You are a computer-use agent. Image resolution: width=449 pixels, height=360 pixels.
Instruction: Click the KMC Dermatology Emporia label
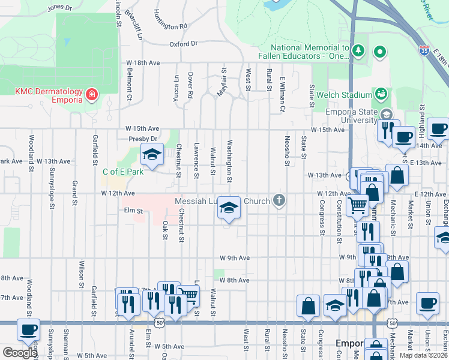49,95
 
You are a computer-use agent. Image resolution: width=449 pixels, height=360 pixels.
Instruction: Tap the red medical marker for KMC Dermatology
91,95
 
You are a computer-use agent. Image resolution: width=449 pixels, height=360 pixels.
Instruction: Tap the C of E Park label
123,172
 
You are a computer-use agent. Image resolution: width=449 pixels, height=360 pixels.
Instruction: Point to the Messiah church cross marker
278,201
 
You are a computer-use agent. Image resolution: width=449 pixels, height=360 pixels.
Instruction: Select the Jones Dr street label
59,7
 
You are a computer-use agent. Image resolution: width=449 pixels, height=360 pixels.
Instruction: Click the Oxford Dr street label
183,44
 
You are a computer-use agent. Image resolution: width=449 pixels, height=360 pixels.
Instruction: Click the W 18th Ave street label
142,62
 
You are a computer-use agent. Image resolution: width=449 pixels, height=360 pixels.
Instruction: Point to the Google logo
20,353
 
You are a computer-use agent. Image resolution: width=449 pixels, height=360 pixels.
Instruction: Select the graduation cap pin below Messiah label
229,208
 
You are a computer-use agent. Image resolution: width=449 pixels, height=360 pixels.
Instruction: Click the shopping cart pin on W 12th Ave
357,205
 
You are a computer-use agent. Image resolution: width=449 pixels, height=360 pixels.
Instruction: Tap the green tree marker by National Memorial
358,50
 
